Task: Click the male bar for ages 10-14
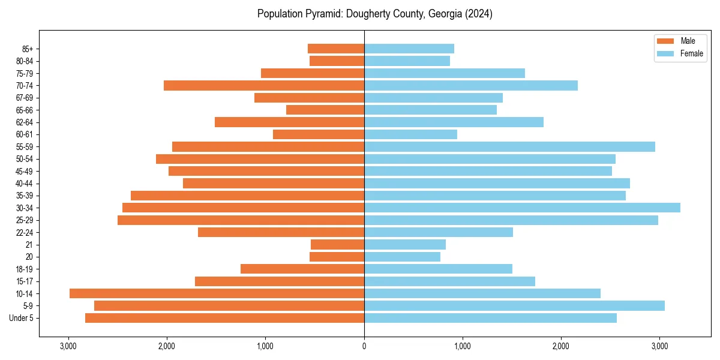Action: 217,293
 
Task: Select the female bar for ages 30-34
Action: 522,208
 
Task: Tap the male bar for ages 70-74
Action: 264,86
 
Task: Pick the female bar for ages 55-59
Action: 509,146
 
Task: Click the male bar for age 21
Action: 337,244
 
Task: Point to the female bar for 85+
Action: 409,49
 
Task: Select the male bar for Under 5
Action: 224,318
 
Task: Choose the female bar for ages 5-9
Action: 514,305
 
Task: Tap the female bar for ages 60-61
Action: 410,134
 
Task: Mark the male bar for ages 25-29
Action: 241,220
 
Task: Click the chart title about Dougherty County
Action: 375,14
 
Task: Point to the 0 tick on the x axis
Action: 364,346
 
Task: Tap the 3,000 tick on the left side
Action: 68,346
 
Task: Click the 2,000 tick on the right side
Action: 561,346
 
